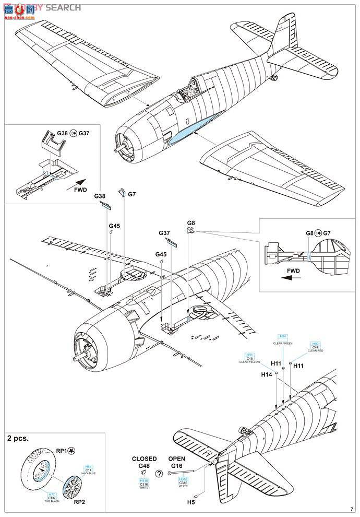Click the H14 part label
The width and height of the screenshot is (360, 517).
tap(266, 374)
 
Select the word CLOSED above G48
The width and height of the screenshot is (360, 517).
tap(144, 459)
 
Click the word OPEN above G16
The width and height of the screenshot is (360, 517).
tap(177, 459)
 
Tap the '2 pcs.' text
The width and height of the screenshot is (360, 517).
tap(18, 439)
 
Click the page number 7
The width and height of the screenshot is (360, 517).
tap(352, 508)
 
